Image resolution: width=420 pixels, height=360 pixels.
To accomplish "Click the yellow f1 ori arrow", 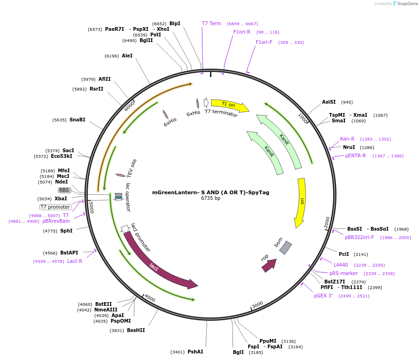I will pyautogui.click(x=229, y=105).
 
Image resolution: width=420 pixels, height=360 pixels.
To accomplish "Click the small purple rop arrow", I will pyautogui.click(x=268, y=265).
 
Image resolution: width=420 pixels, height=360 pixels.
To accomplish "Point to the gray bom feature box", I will pyautogui.click(x=285, y=247).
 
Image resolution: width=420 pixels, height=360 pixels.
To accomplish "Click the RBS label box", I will pyautogui.click(x=64, y=190).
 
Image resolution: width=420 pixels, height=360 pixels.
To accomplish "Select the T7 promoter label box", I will pyautogui.click(x=56, y=207).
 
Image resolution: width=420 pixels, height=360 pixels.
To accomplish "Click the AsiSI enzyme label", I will pyautogui.click(x=329, y=102).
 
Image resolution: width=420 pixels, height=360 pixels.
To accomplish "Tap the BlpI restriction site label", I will pyautogui.click(x=175, y=23).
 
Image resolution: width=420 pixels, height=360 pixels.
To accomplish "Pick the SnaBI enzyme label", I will pyautogui.click(x=77, y=120).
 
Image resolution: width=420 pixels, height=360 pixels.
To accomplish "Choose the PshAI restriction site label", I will pyautogui.click(x=195, y=352).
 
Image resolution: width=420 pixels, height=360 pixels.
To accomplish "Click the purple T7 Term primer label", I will pyautogui.click(x=211, y=23).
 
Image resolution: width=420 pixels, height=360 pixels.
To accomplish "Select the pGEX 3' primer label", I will pyautogui.click(x=323, y=296).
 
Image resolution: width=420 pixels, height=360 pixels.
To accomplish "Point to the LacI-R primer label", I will pyautogui.click(x=75, y=261).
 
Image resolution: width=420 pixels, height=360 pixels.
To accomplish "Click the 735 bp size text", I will pyautogui.click(x=210, y=198).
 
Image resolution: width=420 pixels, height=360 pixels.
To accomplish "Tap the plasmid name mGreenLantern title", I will pyautogui.click(x=210, y=192).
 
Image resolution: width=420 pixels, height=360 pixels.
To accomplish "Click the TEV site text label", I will pyautogui.click(x=132, y=168).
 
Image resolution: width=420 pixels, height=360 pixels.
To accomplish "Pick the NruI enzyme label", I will pyautogui.click(x=349, y=147).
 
